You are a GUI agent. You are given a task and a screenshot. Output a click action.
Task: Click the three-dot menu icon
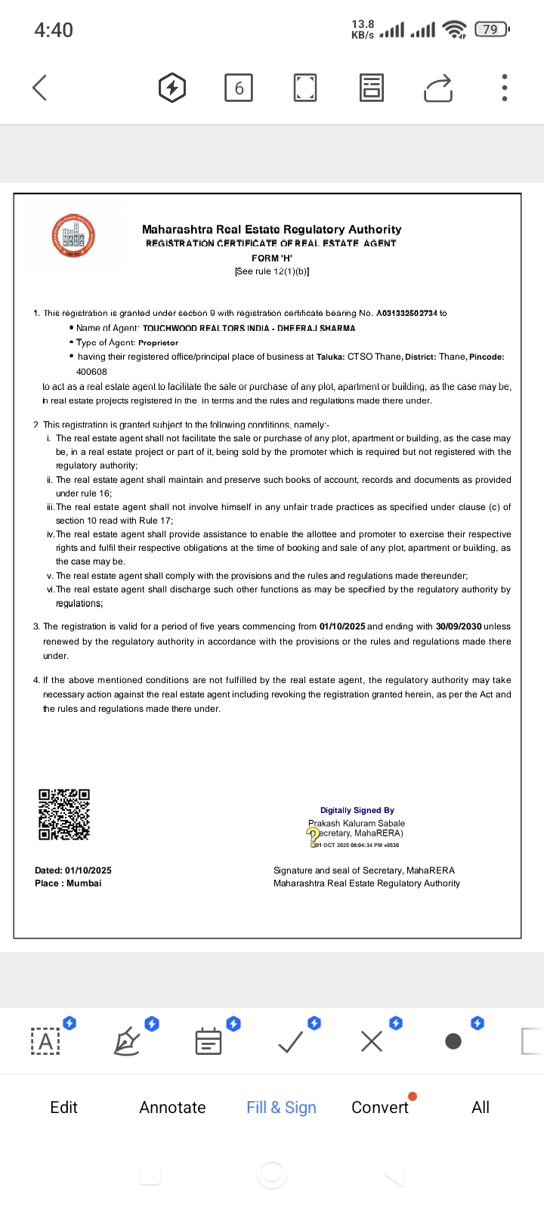click(x=505, y=88)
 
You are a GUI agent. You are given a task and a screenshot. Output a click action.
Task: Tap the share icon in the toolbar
click(x=438, y=88)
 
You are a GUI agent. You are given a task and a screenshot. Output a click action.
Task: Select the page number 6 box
click(x=239, y=88)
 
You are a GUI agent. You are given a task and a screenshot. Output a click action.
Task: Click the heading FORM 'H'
click(x=272, y=258)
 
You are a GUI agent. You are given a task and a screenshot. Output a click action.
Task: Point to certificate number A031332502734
click(x=406, y=313)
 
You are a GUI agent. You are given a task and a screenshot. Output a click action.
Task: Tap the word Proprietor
click(x=159, y=342)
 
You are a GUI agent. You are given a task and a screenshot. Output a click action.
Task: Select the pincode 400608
click(x=91, y=372)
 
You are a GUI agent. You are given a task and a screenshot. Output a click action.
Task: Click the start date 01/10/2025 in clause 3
click(x=342, y=626)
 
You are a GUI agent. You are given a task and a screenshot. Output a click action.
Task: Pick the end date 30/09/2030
click(x=459, y=626)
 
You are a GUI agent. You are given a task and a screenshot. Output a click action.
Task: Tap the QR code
click(x=64, y=815)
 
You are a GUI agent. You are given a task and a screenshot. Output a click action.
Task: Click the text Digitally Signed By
click(x=357, y=810)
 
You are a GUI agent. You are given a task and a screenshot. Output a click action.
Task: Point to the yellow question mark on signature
click(x=312, y=835)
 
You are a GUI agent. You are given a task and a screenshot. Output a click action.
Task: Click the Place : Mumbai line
click(x=68, y=883)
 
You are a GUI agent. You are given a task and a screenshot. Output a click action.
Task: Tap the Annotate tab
click(x=172, y=1107)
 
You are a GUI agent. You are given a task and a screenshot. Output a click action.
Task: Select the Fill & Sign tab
click(x=281, y=1107)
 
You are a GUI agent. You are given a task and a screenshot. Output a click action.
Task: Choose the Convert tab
click(x=379, y=1107)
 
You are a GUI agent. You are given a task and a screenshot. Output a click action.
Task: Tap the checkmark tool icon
click(x=291, y=1042)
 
